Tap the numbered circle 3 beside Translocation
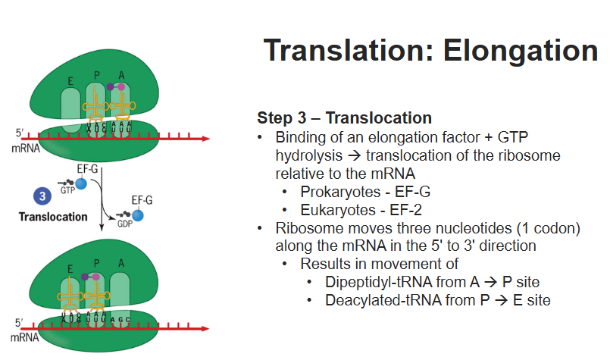pyautogui.click(x=42, y=196)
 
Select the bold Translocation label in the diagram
pyautogui.click(x=53, y=217)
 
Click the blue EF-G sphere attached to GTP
pyautogui.click(x=80, y=184)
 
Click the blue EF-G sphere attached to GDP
pyautogui.click(x=138, y=215)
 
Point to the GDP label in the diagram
pyautogui.click(x=124, y=225)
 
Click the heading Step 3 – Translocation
pyautogui.click(x=344, y=118)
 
